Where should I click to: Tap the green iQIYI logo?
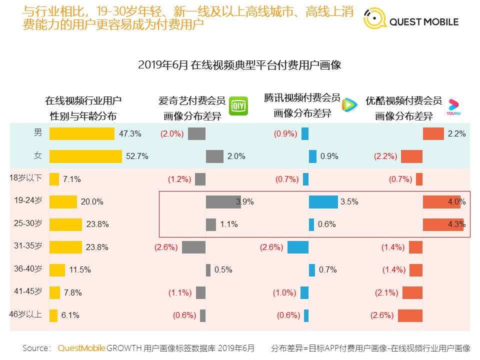[x=238, y=106]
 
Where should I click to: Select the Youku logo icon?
[x=453, y=107]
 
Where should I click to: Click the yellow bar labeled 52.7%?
[x=85, y=156]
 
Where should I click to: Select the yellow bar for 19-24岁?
[x=63, y=201]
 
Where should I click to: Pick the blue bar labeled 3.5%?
[x=323, y=201]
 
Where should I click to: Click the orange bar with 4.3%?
[x=443, y=224]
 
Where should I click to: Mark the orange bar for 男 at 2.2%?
[x=433, y=133]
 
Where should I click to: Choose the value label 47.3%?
[x=130, y=133]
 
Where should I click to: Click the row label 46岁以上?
[x=26, y=314]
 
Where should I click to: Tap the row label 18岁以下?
[x=27, y=178]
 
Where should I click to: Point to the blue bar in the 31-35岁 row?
[x=297, y=247]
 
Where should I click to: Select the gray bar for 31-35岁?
[x=193, y=247]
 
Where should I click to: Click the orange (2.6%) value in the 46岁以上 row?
[x=382, y=315]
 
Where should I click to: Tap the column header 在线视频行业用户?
[x=83, y=100]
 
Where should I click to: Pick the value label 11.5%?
[x=80, y=270]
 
